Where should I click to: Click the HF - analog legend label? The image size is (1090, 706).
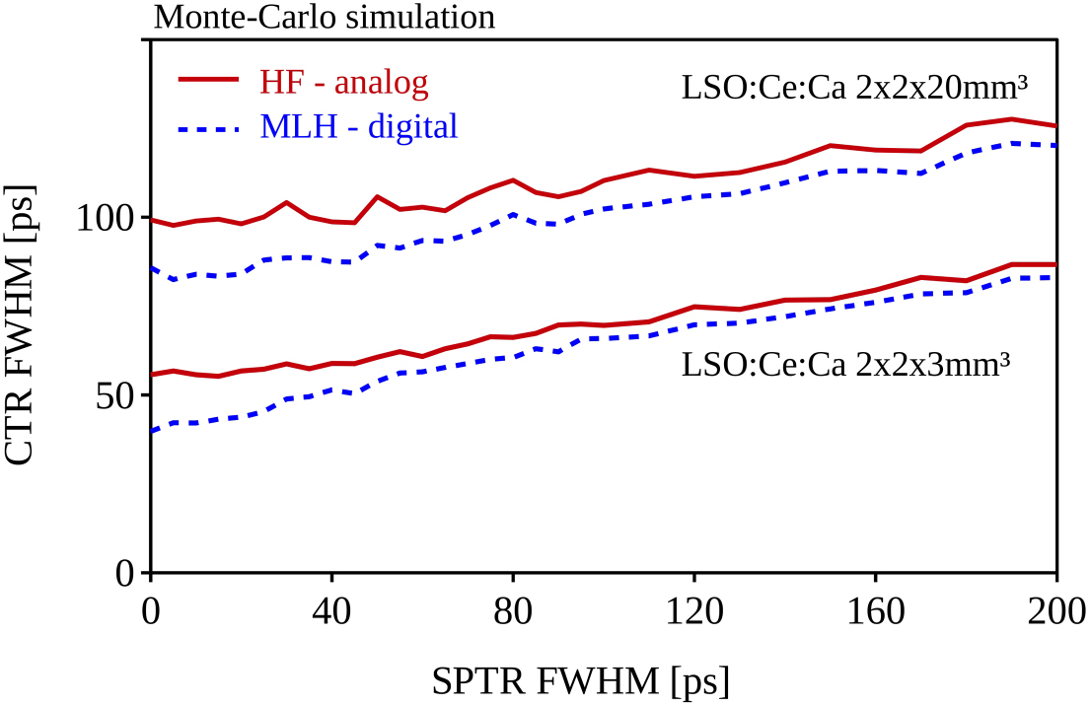[344, 83]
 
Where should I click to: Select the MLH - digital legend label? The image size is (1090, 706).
[359, 126]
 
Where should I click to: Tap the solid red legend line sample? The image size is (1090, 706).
[208, 79]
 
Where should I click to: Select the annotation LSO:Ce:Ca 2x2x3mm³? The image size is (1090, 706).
[845, 365]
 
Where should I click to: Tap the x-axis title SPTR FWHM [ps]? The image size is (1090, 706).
[582, 679]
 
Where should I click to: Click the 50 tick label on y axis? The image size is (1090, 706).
[116, 395]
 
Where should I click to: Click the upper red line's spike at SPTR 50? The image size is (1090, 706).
[377, 196]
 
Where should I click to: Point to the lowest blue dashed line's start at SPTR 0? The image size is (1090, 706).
[152, 431]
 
